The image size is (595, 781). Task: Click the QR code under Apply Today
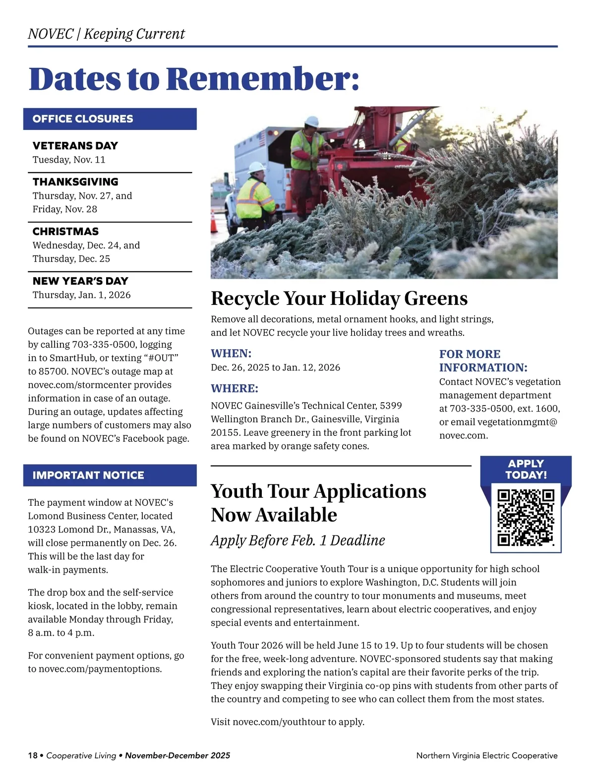pyautogui.click(x=526, y=517)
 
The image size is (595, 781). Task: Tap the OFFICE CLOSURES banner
pyautogui.click(x=83, y=119)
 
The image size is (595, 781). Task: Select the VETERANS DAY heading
pyautogui.click(x=75, y=146)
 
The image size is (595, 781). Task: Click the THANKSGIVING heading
pyautogui.click(x=75, y=182)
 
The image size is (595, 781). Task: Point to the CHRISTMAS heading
pyautogui.click(x=65, y=232)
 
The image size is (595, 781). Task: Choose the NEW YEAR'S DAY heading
pyautogui.click(x=80, y=281)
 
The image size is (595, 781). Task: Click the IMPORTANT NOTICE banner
pyautogui.click(x=88, y=476)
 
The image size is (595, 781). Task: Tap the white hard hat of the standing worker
pyautogui.click(x=312, y=121)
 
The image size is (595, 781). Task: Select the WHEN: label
pyautogui.click(x=231, y=354)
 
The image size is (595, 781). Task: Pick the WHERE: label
pyautogui.click(x=235, y=389)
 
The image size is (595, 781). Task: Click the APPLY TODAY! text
pyautogui.click(x=526, y=469)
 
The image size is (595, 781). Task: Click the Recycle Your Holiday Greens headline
pyautogui.click(x=339, y=299)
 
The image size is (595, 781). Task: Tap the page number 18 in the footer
pyautogui.click(x=33, y=756)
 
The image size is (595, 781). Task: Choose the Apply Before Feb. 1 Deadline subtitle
pyautogui.click(x=297, y=541)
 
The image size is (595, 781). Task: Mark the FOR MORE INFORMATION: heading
pyautogui.click(x=483, y=361)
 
